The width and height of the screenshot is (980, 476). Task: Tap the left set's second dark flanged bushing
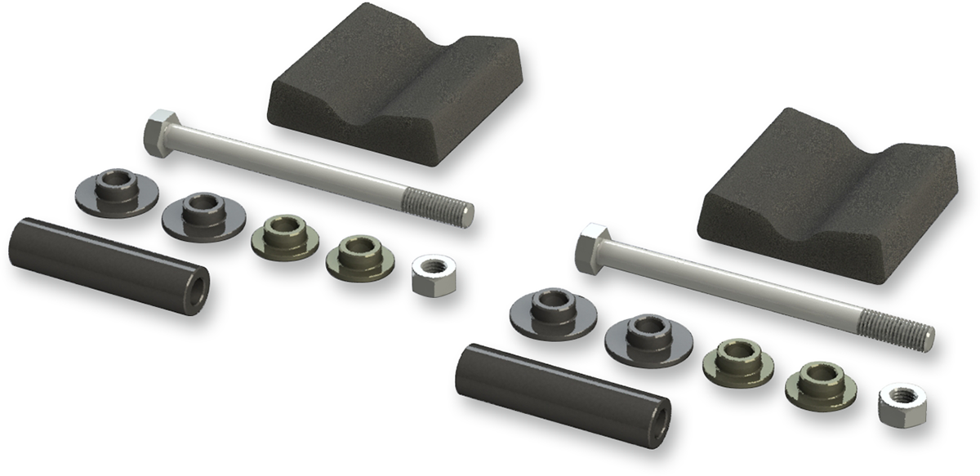click(203, 216)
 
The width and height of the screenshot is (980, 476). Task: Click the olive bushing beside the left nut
click(360, 256)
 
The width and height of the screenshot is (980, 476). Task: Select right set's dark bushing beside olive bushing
click(648, 336)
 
